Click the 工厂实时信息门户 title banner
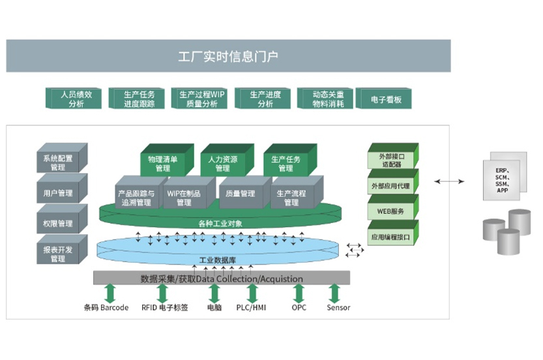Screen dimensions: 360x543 tap(228, 56)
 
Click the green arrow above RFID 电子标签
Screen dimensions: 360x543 tap(163, 293)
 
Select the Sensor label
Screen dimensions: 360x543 tap(338, 308)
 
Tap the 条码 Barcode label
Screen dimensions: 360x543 tap(106, 308)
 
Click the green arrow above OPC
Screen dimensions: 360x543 tap(299, 293)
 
